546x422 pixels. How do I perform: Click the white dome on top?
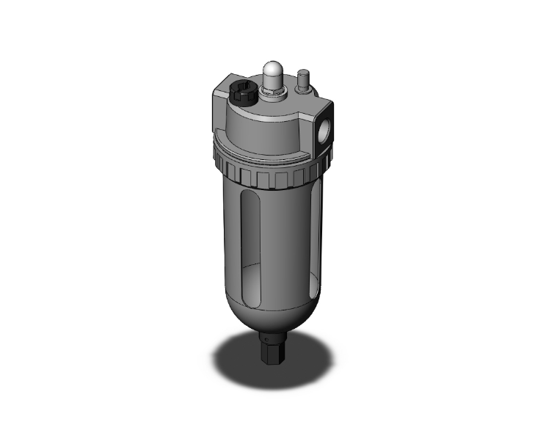(x=272, y=73)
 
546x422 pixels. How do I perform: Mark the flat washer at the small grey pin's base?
(x=302, y=90)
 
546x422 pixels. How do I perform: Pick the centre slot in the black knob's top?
(x=244, y=94)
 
